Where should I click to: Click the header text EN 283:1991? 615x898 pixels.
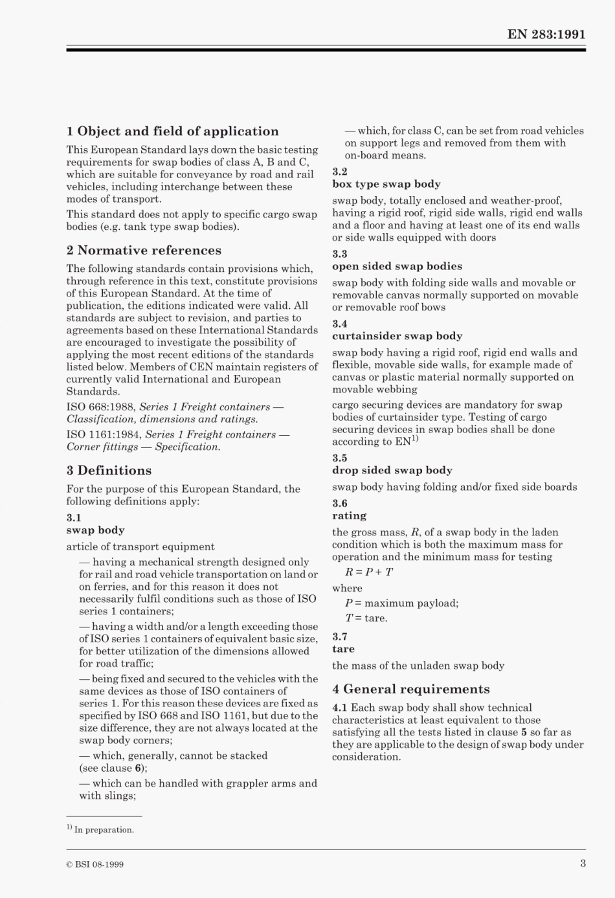pyautogui.click(x=546, y=35)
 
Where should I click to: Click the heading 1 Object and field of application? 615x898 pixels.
pyautogui.click(x=172, y=131)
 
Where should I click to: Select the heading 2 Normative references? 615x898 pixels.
pyautogui.click(x=144, y=251)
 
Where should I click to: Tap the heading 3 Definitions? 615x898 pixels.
pyautogui.click(x=109, y=471)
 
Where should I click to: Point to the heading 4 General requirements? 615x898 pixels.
pyautogui.click(x=410, y=690)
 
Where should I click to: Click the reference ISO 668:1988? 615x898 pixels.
pyautogui.click(x=100, y=407)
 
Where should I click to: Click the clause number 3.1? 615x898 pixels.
pyautogui.click(x=74, y=518)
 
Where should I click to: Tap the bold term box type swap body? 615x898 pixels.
pyautogui.click(x=386, y=185)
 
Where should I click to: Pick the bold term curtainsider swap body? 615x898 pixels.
pyautogui.click(x=397, y=336)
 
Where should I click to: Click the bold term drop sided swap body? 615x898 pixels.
pyautogui.click(x=392, y=471)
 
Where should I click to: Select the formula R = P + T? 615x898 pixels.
pyautogui.click(x=368, y=572)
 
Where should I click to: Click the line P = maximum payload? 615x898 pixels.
pyautogui.click(x=401, y=603)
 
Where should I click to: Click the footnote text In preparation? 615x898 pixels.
pyautogui.click(x=104, y=830)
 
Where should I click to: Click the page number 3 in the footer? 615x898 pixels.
pyautogui.click(x=583, y=864)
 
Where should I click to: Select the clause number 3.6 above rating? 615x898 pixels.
pyautogui.click(x=340, y=504)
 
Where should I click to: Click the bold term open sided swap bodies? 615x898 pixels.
pyautogui.click(x=397, y=267)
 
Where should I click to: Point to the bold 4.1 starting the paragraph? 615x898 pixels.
pyautogui.click(x=340, y=708)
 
